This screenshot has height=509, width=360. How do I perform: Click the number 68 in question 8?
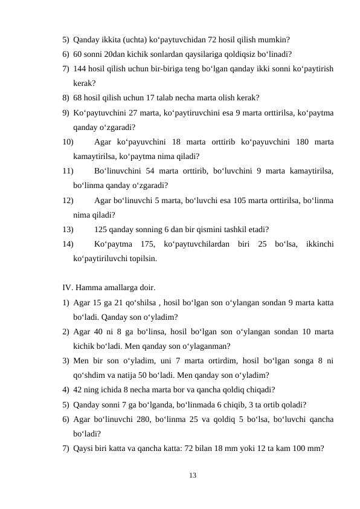[x=77, y=98]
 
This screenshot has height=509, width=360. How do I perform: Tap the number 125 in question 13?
[x=101, y=229]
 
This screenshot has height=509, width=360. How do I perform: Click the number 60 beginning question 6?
[x=77, y=54]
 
